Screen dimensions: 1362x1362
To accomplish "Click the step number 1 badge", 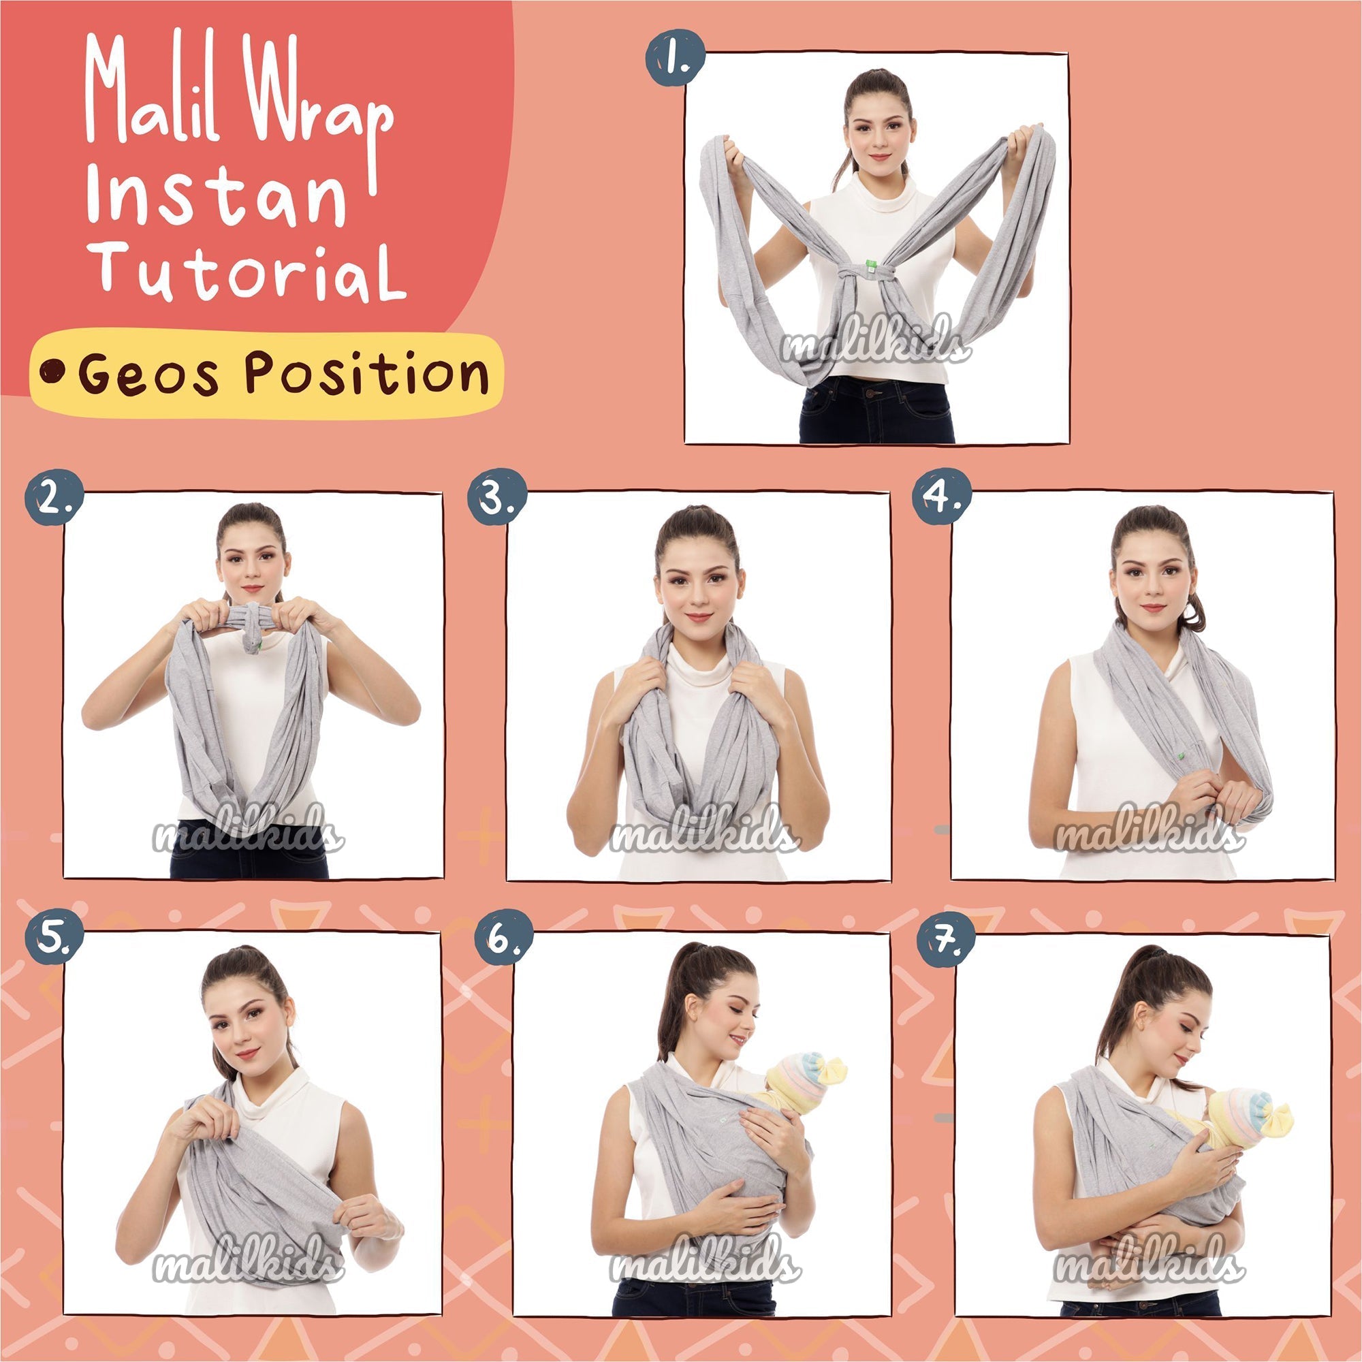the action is point(676,58).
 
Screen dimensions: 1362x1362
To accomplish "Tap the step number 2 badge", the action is point(54,497).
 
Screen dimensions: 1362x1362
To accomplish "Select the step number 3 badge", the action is point(497,497).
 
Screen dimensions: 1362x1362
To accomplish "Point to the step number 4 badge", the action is point(942,497).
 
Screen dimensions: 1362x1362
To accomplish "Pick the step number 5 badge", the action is point(54,937).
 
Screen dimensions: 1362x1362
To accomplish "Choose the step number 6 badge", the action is point(503,937).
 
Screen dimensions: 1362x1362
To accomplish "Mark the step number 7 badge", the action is point(946,937).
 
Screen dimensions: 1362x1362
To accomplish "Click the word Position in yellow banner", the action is point(366,372).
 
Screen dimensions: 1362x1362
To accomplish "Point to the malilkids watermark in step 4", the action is point(1147,836).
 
